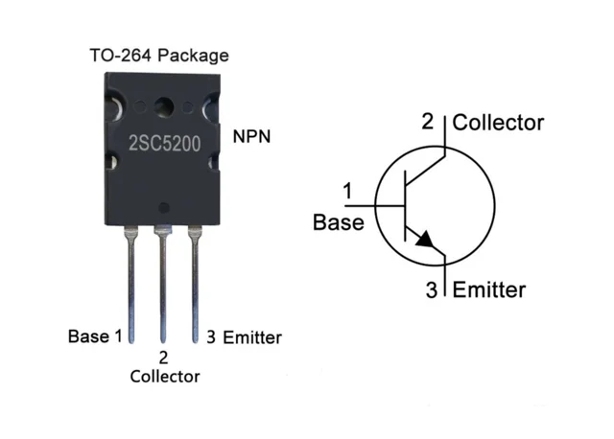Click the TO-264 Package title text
click(159, 56)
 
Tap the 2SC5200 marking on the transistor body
click(164, 144)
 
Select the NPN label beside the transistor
click(251, 136)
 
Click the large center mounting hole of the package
click(164, 106)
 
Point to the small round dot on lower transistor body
click(164, 208)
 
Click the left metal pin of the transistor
click(130, 285)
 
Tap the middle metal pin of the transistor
click(163, 285)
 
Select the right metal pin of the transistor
click(195, 285)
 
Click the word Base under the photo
click(88, 336)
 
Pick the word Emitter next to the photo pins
click(252, 337)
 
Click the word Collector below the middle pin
click(165, 377)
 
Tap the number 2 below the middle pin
click(163, 358)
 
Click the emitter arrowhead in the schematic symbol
click(425, 239)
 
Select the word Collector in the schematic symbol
click(498, 123)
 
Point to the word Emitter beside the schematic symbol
click(489, 289)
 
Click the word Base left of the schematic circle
click(339, 222)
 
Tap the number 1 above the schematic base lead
click(347, 192)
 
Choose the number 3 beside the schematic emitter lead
click(432, 289)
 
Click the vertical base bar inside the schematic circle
click(405, 205)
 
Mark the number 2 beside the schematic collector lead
click(428, 122)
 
